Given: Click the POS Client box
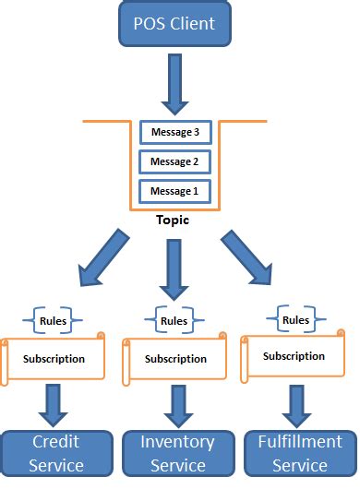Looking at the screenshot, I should (x=175, y=24).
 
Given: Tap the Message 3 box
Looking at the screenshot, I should (x=174, y=133).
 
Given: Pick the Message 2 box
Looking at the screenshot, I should (x=174, y=162).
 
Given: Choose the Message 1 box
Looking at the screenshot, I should (x=174, y=192).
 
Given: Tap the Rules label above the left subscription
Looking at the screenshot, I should (x=53, y=321).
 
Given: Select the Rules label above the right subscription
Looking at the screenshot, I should (x=295, y=320).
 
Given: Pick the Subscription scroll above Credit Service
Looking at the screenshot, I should (x=54, y=359).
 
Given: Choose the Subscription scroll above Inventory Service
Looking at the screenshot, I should (x=175, y=360).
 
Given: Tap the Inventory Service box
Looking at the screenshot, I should (x=178, y=452).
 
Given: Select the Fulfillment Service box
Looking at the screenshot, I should (x=300, y=452).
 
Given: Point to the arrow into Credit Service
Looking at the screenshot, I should (x=53, y=404).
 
